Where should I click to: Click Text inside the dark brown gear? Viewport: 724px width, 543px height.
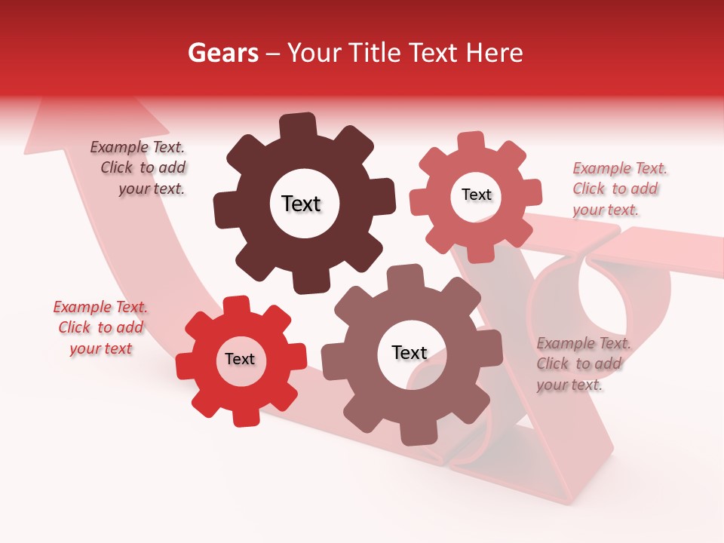pyautogui.click(x=301, y=204)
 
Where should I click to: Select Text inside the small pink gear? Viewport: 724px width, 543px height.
pyautogui.click(x=476, y=195)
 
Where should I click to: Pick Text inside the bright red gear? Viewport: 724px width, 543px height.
pyautogui.click(x=240, y=359)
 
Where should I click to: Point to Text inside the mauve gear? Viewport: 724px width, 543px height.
pyautogui.click(x=410, y=352)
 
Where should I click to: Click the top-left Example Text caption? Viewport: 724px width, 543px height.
pyautogui.click(x=139, y=168)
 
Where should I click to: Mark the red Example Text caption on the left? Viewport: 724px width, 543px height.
pyautogui.click(x=100, y=327)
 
